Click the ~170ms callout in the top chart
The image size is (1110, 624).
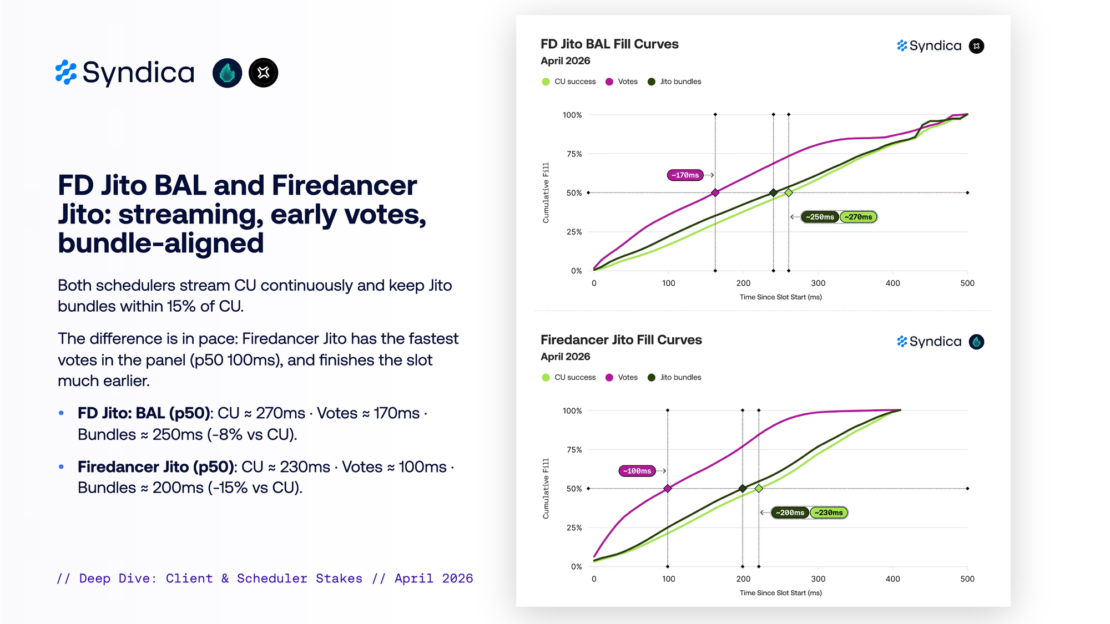685,175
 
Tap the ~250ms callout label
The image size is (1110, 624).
820,217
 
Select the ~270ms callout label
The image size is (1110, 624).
858,217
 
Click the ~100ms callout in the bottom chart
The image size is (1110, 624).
637,471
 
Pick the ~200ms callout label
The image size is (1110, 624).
790,513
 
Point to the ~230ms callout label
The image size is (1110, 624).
829,513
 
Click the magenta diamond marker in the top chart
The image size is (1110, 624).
715,193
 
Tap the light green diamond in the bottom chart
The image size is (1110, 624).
759,489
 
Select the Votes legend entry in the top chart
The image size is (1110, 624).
622,82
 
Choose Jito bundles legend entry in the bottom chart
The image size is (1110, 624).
674,377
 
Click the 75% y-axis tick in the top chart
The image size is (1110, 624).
574,154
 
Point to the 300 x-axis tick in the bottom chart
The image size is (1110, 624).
818,579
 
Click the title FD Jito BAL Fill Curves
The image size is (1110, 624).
609,44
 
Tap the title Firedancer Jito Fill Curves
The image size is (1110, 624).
621,339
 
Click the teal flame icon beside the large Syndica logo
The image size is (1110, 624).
227,73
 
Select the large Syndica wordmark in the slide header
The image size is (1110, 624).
139,73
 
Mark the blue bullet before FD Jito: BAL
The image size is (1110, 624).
61,413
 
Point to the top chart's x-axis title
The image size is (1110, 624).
780,297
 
